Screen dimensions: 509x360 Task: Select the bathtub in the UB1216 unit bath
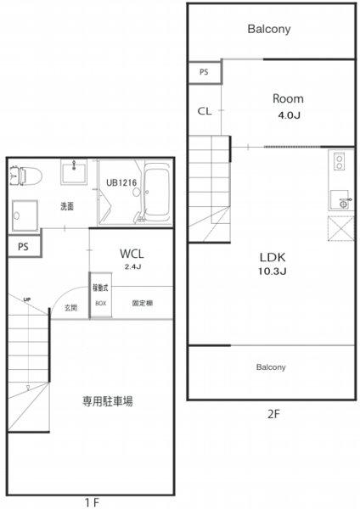158,193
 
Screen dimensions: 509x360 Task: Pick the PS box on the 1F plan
22,246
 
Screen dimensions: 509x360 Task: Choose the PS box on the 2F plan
204,72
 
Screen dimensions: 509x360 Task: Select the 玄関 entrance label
71,307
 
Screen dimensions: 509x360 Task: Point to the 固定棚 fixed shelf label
142,302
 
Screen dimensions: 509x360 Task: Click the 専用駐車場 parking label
107,400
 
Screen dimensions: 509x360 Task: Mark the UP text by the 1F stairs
28,299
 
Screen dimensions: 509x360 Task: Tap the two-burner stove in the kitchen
340,161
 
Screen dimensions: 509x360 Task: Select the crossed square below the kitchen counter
340,229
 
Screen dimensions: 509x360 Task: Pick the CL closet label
205,111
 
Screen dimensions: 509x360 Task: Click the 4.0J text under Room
288,115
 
